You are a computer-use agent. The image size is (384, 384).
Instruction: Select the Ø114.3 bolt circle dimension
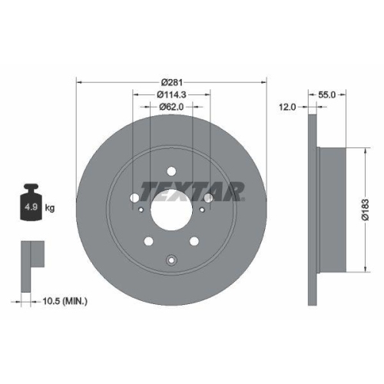(x=171, y=94)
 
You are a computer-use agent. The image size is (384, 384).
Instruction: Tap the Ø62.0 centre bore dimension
(x=171, y=109)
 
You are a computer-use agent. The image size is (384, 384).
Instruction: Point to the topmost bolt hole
(x=171, y=170)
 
